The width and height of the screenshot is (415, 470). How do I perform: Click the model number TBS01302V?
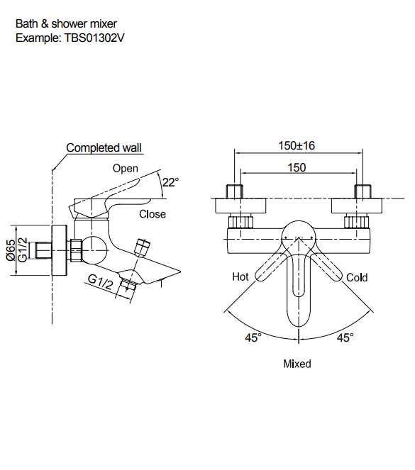click(94, 38)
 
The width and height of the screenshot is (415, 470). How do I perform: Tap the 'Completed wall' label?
click(104, 147)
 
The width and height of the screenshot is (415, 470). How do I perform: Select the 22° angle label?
click(170, 182)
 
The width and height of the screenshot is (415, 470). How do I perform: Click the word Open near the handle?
click(126, 169)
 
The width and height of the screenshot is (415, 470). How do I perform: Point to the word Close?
click(153, 214)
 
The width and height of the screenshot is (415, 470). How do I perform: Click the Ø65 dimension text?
click(11, 250)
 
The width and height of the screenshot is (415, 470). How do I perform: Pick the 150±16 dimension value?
click(297, 145)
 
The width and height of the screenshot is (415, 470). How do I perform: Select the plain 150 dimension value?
click(297, 167)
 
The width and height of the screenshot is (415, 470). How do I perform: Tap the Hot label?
click(240, 276)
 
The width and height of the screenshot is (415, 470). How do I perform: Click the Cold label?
click(357, 278)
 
